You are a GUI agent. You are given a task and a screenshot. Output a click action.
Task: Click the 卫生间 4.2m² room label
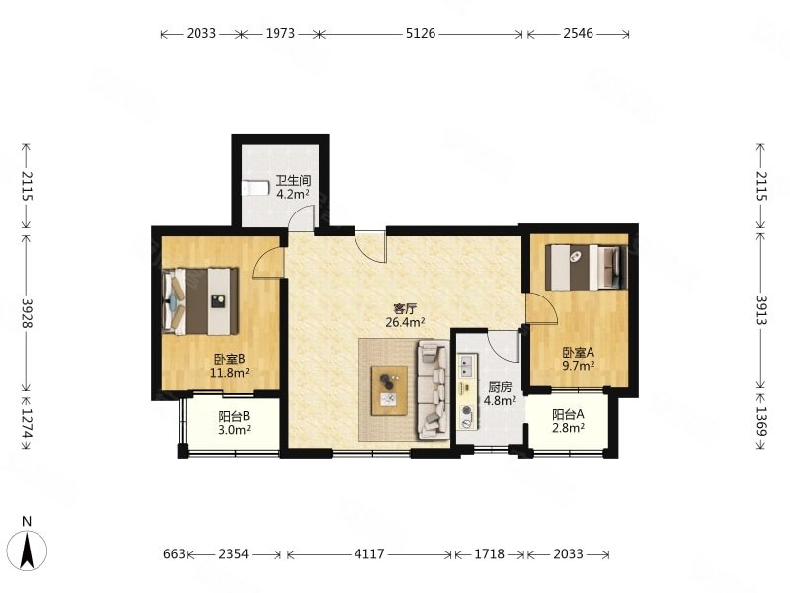point(293,187)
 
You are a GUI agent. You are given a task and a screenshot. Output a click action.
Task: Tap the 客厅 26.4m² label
point(405,315)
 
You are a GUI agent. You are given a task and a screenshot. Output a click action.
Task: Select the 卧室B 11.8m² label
point(230,366)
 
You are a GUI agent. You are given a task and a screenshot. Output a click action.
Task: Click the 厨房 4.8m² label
point(500,393)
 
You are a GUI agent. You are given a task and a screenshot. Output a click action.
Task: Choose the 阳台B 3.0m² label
point(234,423)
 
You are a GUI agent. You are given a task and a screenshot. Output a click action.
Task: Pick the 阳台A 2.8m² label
point(569,421)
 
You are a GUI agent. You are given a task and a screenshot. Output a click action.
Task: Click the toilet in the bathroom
point(255,188)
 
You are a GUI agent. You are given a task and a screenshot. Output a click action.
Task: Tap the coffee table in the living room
point(389,390)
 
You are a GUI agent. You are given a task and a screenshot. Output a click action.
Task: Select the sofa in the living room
point(433,389)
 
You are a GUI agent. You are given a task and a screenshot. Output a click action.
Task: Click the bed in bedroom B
point(200,301)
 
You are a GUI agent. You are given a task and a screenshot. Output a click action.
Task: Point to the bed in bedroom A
point(587,267)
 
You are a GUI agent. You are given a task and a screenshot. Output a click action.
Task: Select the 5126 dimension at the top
point(421,33)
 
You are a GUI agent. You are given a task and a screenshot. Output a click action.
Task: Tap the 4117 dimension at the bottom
point(369,554)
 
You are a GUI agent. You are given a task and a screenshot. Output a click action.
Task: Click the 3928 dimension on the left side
point(27,313)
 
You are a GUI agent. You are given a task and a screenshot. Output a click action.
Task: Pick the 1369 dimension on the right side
point(761,422)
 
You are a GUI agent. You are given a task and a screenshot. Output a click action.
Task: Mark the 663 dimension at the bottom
point(175,554)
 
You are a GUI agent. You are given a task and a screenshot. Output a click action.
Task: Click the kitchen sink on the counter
point(466,366)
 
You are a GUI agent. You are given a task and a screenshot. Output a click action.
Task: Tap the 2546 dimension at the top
point(579,33)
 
